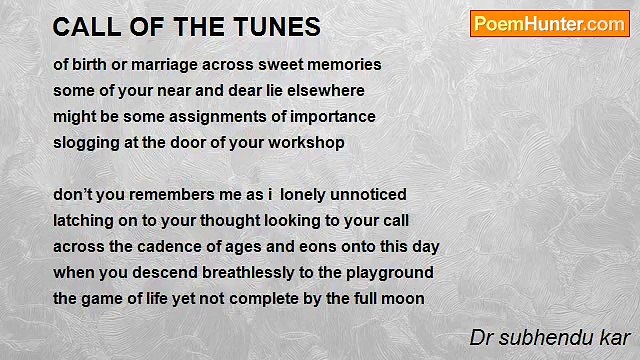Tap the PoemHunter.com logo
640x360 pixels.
click(x=549, y=24)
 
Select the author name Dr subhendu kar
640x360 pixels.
click(x=550, y=337)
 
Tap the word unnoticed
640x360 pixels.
click(x=371, y=194)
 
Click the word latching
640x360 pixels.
click(x=84, y=220)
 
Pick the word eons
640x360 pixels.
click(x=308, y=246)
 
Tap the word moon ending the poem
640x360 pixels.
click(x=403, y=298)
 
